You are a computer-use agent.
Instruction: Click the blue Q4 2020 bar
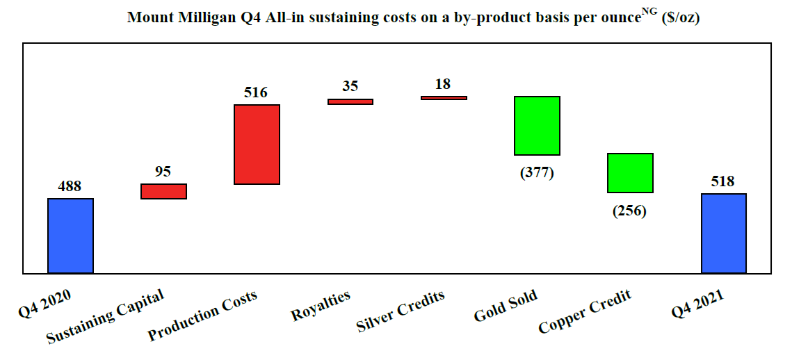click(70, 236)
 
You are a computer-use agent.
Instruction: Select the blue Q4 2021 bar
click(723, 233)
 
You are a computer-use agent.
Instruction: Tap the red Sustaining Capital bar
click(163, 191)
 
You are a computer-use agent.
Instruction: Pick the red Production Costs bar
click(257, 145)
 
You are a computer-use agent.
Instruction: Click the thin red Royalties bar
click(350, 101)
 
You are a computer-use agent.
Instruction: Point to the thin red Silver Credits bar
click(444, 98)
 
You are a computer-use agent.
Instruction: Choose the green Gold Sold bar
click(537, 126)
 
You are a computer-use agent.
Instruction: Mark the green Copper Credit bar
click(630, 172)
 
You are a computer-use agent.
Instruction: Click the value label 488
click(70, 186)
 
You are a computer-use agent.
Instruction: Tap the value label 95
click(163, 172)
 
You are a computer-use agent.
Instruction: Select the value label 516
click(256, 92)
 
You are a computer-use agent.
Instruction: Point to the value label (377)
click(537, 173)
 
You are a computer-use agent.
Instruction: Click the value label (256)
click(629, 211)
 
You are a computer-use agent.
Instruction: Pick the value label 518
click(723, 181)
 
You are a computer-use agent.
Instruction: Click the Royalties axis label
click(321, 305)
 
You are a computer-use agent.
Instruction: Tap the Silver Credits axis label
click(401, 311)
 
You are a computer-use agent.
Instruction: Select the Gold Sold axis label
click(506, 306)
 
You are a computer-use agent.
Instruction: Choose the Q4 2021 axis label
click(697, 304)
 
